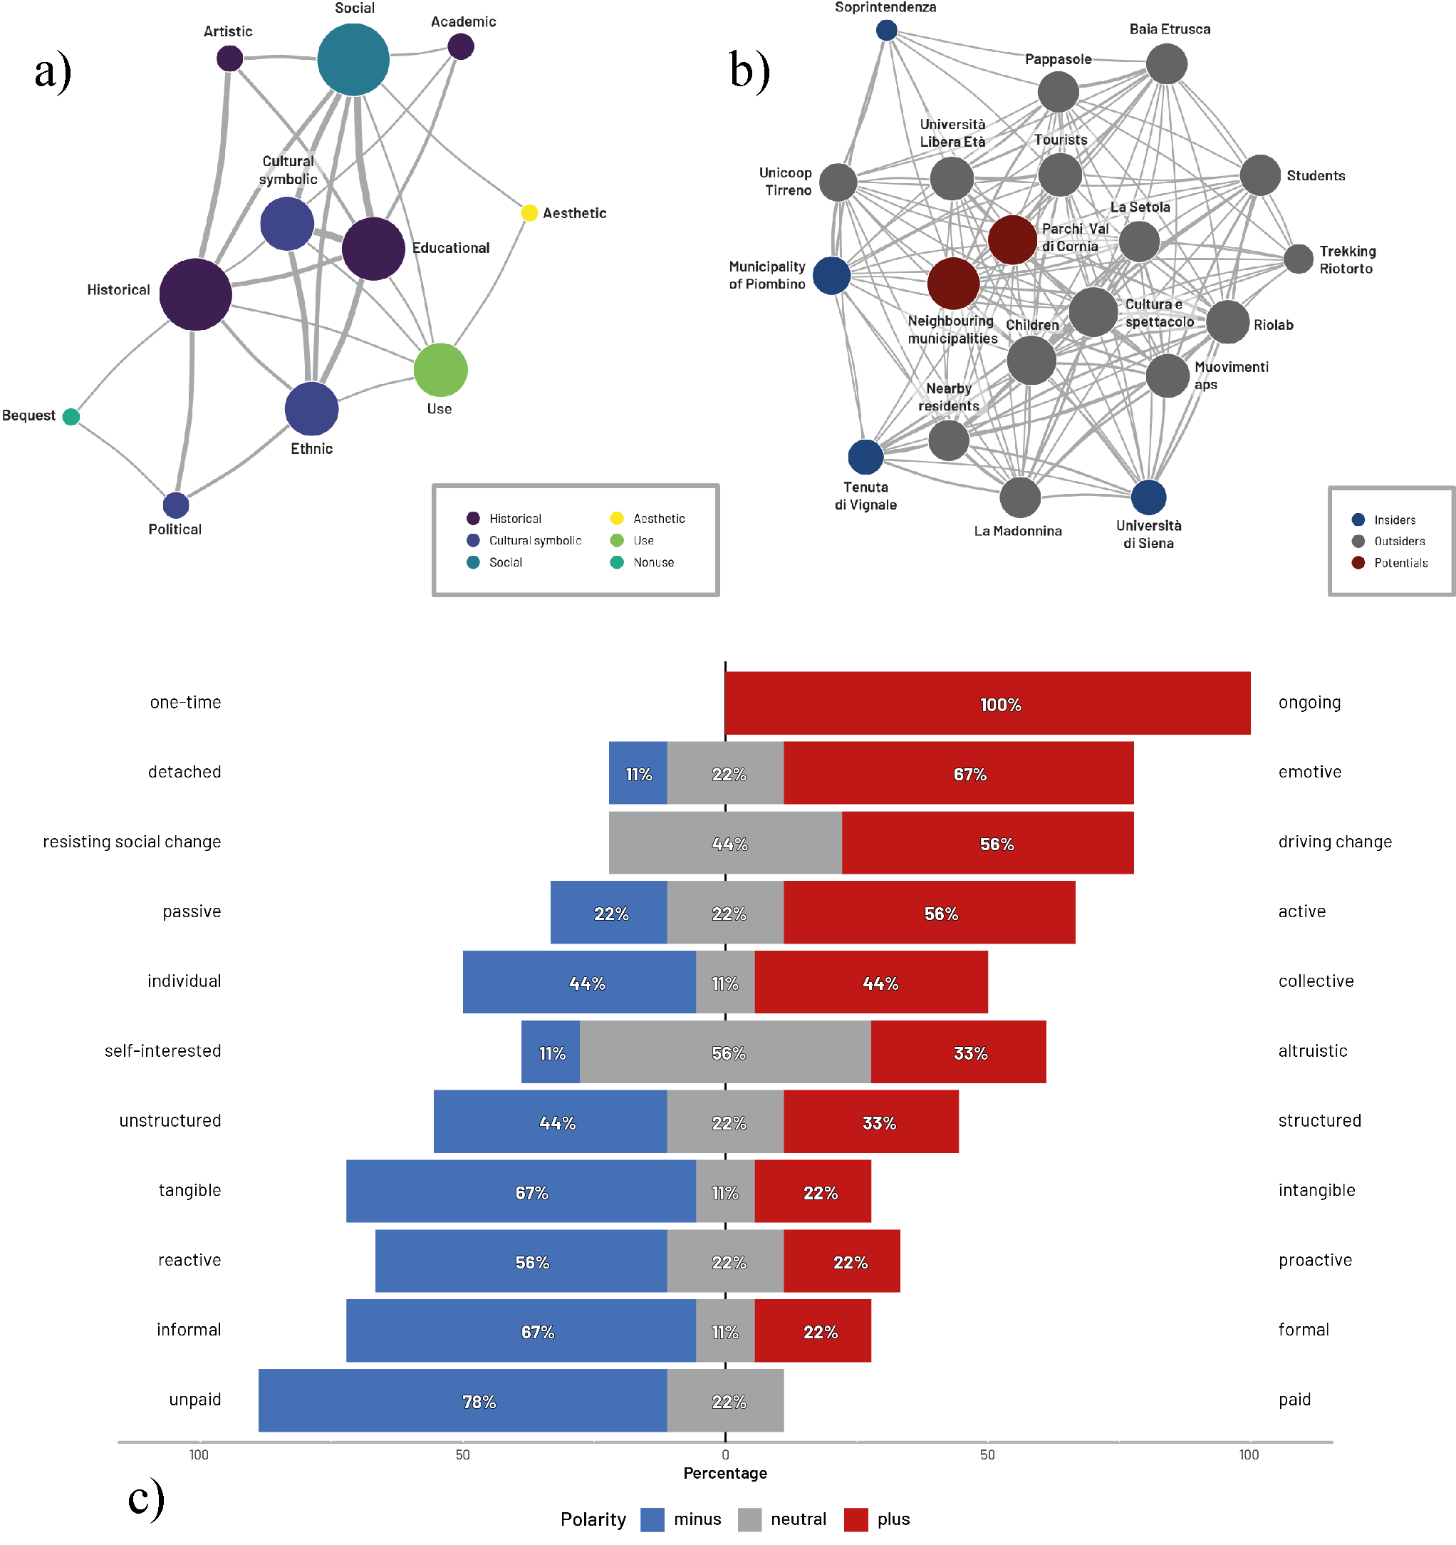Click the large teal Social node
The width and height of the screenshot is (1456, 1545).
[x=353, y=60]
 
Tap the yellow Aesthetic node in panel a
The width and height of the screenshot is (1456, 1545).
[x=529, y=213]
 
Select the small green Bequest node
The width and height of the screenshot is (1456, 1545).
[x=71, y=417]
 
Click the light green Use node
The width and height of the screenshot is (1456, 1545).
[x=440, y=370]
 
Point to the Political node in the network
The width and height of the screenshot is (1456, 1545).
[x=177, y=505]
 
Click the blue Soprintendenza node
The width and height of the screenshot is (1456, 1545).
[x=887, y=31]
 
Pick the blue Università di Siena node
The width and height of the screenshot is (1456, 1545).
[x=1148, y=497]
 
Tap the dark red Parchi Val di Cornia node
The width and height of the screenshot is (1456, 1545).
[x=1012, y=239]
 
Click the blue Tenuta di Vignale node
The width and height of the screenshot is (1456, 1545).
[x=865, y=457]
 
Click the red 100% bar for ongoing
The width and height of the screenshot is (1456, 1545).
[x=987, y=703]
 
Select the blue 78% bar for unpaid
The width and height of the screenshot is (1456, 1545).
[x=462, y=1400]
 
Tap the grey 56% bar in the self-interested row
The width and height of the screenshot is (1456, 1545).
[x=725, y=1053]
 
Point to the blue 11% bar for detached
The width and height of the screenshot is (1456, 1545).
[x=638, y=773]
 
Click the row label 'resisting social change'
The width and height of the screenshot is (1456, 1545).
[x=132, y=842]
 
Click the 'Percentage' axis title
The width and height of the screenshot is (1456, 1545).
[x=725, y=1474]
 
